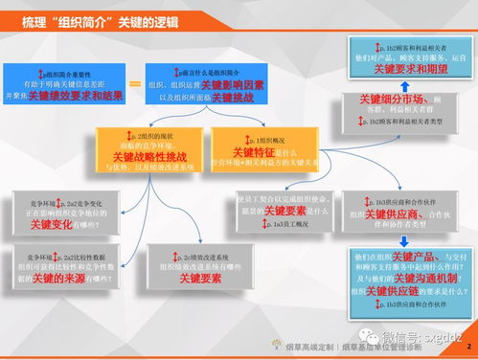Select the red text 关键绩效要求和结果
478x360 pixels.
point(76,97)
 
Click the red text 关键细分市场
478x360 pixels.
point(392,100)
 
